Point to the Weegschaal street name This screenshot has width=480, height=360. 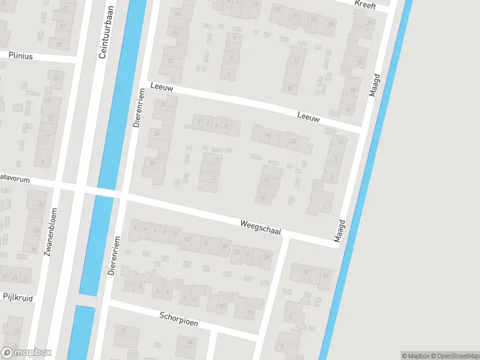click(x=260, y=228)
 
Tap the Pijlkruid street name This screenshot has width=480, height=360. click(x=17, y=297)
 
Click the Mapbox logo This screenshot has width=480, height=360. click(x=26, y=353)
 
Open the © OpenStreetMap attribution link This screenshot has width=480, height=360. click(x=454, y=356)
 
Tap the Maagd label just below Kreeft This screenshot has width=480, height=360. click(x=376, y=86)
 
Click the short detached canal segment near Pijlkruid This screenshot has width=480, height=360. click(x=81, y=333)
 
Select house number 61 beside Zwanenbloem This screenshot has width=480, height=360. click(x=41, y=205)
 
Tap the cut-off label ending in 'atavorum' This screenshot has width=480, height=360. click(x=13, y=178)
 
